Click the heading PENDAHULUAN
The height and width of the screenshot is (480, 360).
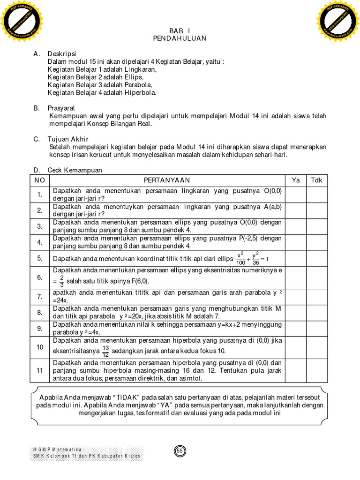click(x=180, y=38)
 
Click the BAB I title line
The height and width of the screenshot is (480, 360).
click(x=179, y=30)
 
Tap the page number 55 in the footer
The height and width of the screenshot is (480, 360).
click(x=180, y=451)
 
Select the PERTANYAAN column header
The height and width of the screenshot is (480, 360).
click(x=167, y=180)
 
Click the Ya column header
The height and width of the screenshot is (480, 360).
click(x=295, y=180)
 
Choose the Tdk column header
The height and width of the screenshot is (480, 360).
click(x=317, y=180)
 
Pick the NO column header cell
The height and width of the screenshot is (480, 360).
click(x=40, y=180)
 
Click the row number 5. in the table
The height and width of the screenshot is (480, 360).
click(x=40, y=258)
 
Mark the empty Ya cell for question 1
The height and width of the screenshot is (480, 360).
click(x=295, y=195)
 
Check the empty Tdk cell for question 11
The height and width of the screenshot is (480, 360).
click(x=317, y=370)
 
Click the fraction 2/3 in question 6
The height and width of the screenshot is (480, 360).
click(x=61, y=281)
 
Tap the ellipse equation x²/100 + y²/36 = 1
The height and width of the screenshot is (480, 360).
click(x=253, y=258)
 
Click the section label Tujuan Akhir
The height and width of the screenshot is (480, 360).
click(x=68, y=139)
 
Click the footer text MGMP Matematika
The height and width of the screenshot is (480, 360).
click(x=57, y=450)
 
